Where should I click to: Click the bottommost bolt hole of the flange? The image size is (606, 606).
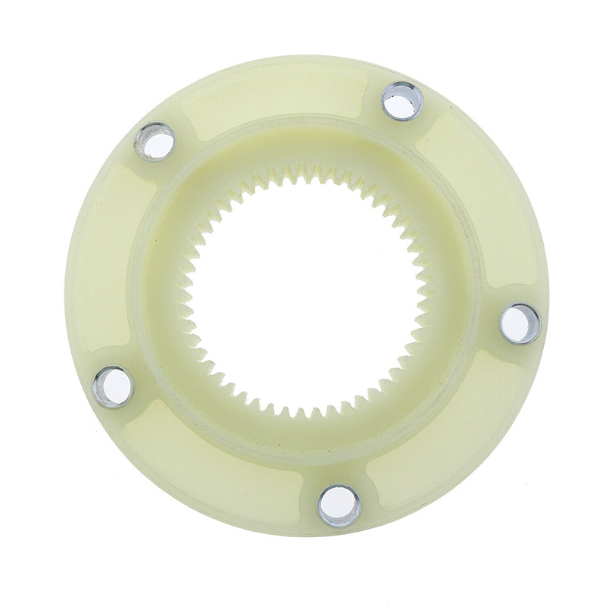tap(334, 504)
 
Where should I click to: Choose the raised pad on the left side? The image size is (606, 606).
tap(114, 258)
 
